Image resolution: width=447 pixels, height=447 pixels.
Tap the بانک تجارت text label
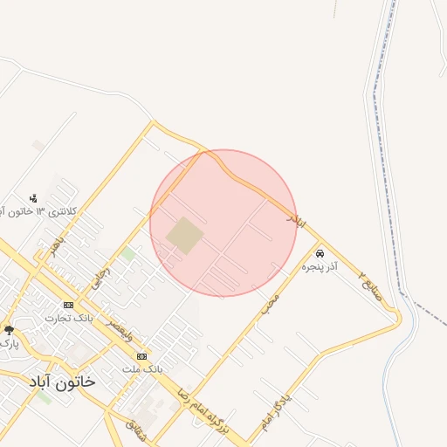(72, 318)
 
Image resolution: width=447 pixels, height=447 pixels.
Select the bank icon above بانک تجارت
(68, 305)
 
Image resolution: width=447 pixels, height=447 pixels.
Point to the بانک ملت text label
(145, 369)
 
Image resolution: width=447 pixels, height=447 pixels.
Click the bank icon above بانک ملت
(141, 356)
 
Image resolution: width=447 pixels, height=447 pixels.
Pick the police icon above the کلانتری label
(33, 198)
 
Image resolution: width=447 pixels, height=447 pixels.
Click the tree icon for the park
(9, 329)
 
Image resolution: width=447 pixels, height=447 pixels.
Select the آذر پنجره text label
(320, 265)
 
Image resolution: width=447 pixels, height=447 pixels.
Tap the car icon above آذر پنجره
(319, 252)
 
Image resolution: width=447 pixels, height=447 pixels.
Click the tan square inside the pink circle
(185, 236)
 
